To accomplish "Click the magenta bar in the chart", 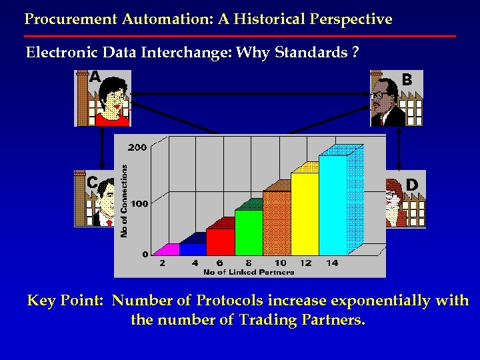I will click(168, 250).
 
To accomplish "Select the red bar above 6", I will click(221, 241).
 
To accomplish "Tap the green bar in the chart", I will click(249, 233).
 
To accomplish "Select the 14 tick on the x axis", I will click(332, 263).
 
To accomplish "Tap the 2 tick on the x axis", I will click(163, 263).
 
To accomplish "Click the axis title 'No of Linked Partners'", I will click(248, 272).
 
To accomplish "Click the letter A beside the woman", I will click(95, 78).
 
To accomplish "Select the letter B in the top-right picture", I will click(407, 79).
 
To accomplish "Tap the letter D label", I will click(412, 184).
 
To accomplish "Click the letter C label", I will click(93, 182).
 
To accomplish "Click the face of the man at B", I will click(383, 99).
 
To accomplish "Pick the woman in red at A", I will click(111, 100).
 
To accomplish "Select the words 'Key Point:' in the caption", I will click(65, 301).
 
